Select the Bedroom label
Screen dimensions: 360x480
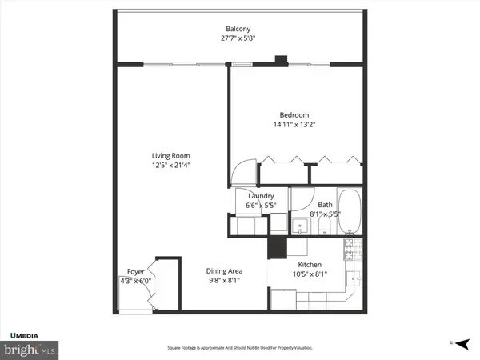coord(294,115)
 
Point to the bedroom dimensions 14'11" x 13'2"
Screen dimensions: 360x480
coord(294,124)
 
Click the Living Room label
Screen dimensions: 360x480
coord(171,156)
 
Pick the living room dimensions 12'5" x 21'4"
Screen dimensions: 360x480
coord(171,165)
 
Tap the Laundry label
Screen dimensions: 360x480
coord(262,196)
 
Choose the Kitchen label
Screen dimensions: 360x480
coord(310,265)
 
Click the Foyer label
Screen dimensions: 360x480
coord(136,272)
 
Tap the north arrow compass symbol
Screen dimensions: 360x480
coord(457,342)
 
